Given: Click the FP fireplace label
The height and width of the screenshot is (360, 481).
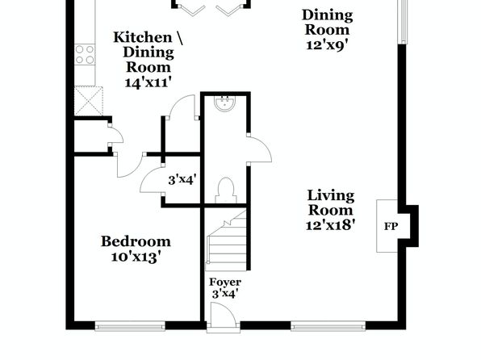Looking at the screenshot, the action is [391, 227].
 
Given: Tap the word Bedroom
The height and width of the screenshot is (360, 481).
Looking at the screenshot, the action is [136, 241].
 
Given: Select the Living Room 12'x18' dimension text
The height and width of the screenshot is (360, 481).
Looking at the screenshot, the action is [330, 225].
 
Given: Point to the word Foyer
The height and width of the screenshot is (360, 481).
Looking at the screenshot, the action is [225, 282].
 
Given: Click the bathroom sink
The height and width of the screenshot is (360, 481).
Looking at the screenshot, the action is [225, 103].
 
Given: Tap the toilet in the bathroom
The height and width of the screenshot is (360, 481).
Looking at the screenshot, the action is [226, 190].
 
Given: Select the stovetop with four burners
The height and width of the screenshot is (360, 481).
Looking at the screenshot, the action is [85, 55].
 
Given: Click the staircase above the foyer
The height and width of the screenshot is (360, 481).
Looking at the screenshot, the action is [226, 241].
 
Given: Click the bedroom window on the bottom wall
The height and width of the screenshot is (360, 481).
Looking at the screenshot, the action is [130, 326].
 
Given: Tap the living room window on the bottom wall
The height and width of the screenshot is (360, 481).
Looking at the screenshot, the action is [328, 326].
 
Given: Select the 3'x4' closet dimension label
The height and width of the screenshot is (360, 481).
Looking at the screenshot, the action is [182, 179].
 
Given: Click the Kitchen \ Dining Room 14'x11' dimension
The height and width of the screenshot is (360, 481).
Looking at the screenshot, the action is [148, 82].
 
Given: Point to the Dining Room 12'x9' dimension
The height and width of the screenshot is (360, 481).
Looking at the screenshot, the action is [327, 45].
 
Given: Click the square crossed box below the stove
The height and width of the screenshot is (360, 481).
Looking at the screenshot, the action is [89, 101].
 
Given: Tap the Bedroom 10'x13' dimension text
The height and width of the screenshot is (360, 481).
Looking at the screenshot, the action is [136, 257].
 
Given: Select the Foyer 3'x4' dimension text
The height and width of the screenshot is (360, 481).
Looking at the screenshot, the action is [225, 294].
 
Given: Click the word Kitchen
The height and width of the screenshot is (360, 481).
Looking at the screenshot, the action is [143, 37].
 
